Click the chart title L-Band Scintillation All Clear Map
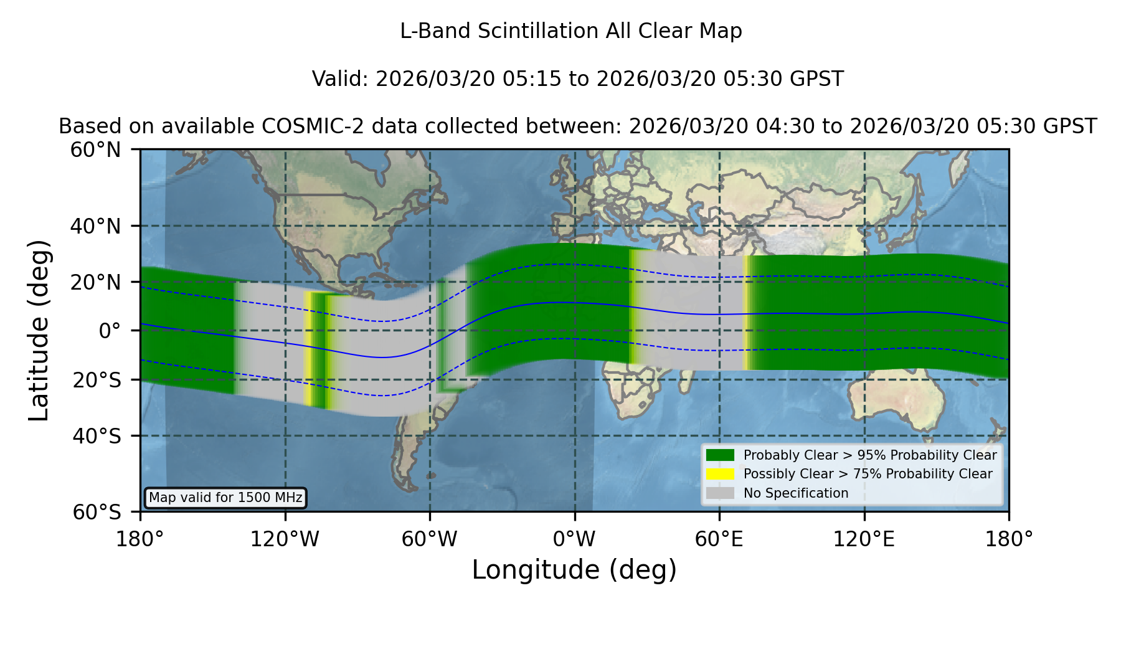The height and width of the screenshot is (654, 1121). pos(570,31)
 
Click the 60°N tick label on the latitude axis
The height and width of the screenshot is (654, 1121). pos(95,150)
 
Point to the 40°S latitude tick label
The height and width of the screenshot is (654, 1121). pos(97,436)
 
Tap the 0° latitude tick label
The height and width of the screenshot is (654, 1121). pos(110,331)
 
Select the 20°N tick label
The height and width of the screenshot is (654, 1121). pos(95,282)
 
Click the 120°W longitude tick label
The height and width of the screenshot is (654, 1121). pos(285,539)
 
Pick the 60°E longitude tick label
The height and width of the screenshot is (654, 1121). pos(719,539)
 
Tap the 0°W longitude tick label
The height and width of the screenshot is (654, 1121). pos(574,539)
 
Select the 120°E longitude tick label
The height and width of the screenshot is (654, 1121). pos(864,539)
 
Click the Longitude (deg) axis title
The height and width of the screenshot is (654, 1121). pos(574,570)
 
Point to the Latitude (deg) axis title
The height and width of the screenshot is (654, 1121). pos(39,330)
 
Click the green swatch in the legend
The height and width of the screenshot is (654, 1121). pos(721,455)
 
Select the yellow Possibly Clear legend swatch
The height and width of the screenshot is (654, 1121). pos(721,474)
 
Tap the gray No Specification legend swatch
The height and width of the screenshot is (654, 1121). pos(721,493)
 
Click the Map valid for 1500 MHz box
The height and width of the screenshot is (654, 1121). pos(225,498)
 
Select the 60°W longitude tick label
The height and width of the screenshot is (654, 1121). pos(430,539)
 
